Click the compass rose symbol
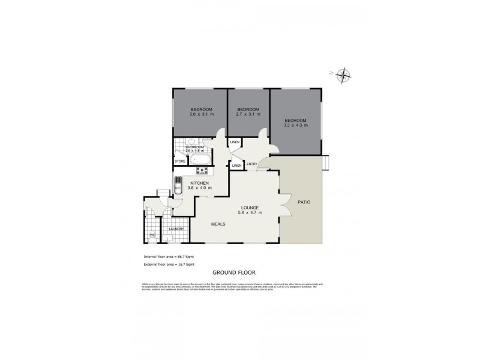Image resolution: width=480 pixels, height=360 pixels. click(343, 75)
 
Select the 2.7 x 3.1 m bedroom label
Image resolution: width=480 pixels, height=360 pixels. click(248, 115)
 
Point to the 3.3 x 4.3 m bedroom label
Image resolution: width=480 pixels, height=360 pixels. click(296, 125)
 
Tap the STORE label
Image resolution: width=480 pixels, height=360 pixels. click(180, 161)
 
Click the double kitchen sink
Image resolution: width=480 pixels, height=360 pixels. click(178, 185)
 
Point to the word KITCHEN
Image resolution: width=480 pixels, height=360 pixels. click(199, 183)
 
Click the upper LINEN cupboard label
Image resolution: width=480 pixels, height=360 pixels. click(234, 142)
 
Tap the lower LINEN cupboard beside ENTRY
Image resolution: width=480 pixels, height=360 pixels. click(236, 165)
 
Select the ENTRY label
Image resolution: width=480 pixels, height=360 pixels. click(252, 164)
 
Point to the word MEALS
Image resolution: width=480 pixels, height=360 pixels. click(218, 224)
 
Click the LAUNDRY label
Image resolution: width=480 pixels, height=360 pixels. click(176, 229)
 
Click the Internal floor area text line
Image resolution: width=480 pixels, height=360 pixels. click(169, 256)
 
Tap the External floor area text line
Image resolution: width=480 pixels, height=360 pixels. click(169, 264)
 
